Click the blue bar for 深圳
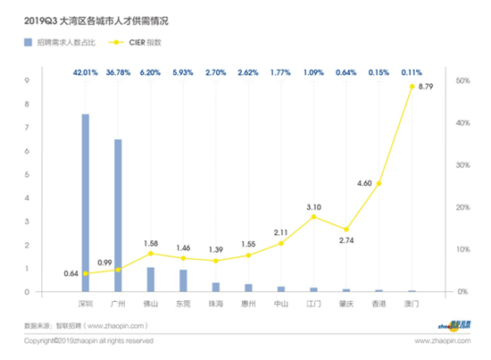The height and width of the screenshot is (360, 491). click(x=86, y=203)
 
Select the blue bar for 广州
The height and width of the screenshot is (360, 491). click(x=118, y=215)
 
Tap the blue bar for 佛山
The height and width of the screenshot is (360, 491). click(x=151, y=280)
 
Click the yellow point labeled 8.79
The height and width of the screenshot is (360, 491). click(x=412, y=87)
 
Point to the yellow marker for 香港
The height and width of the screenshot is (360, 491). click(x=379, y=183)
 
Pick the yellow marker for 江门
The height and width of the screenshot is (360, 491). click(x=313, y=216)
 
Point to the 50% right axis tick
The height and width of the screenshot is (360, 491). click(x=462, y=80)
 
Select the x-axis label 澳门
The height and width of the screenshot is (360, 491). click(x=412, y=304)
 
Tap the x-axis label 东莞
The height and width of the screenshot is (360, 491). click(x=183, y=304)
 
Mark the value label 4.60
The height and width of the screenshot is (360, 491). click(x=363, y=183)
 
